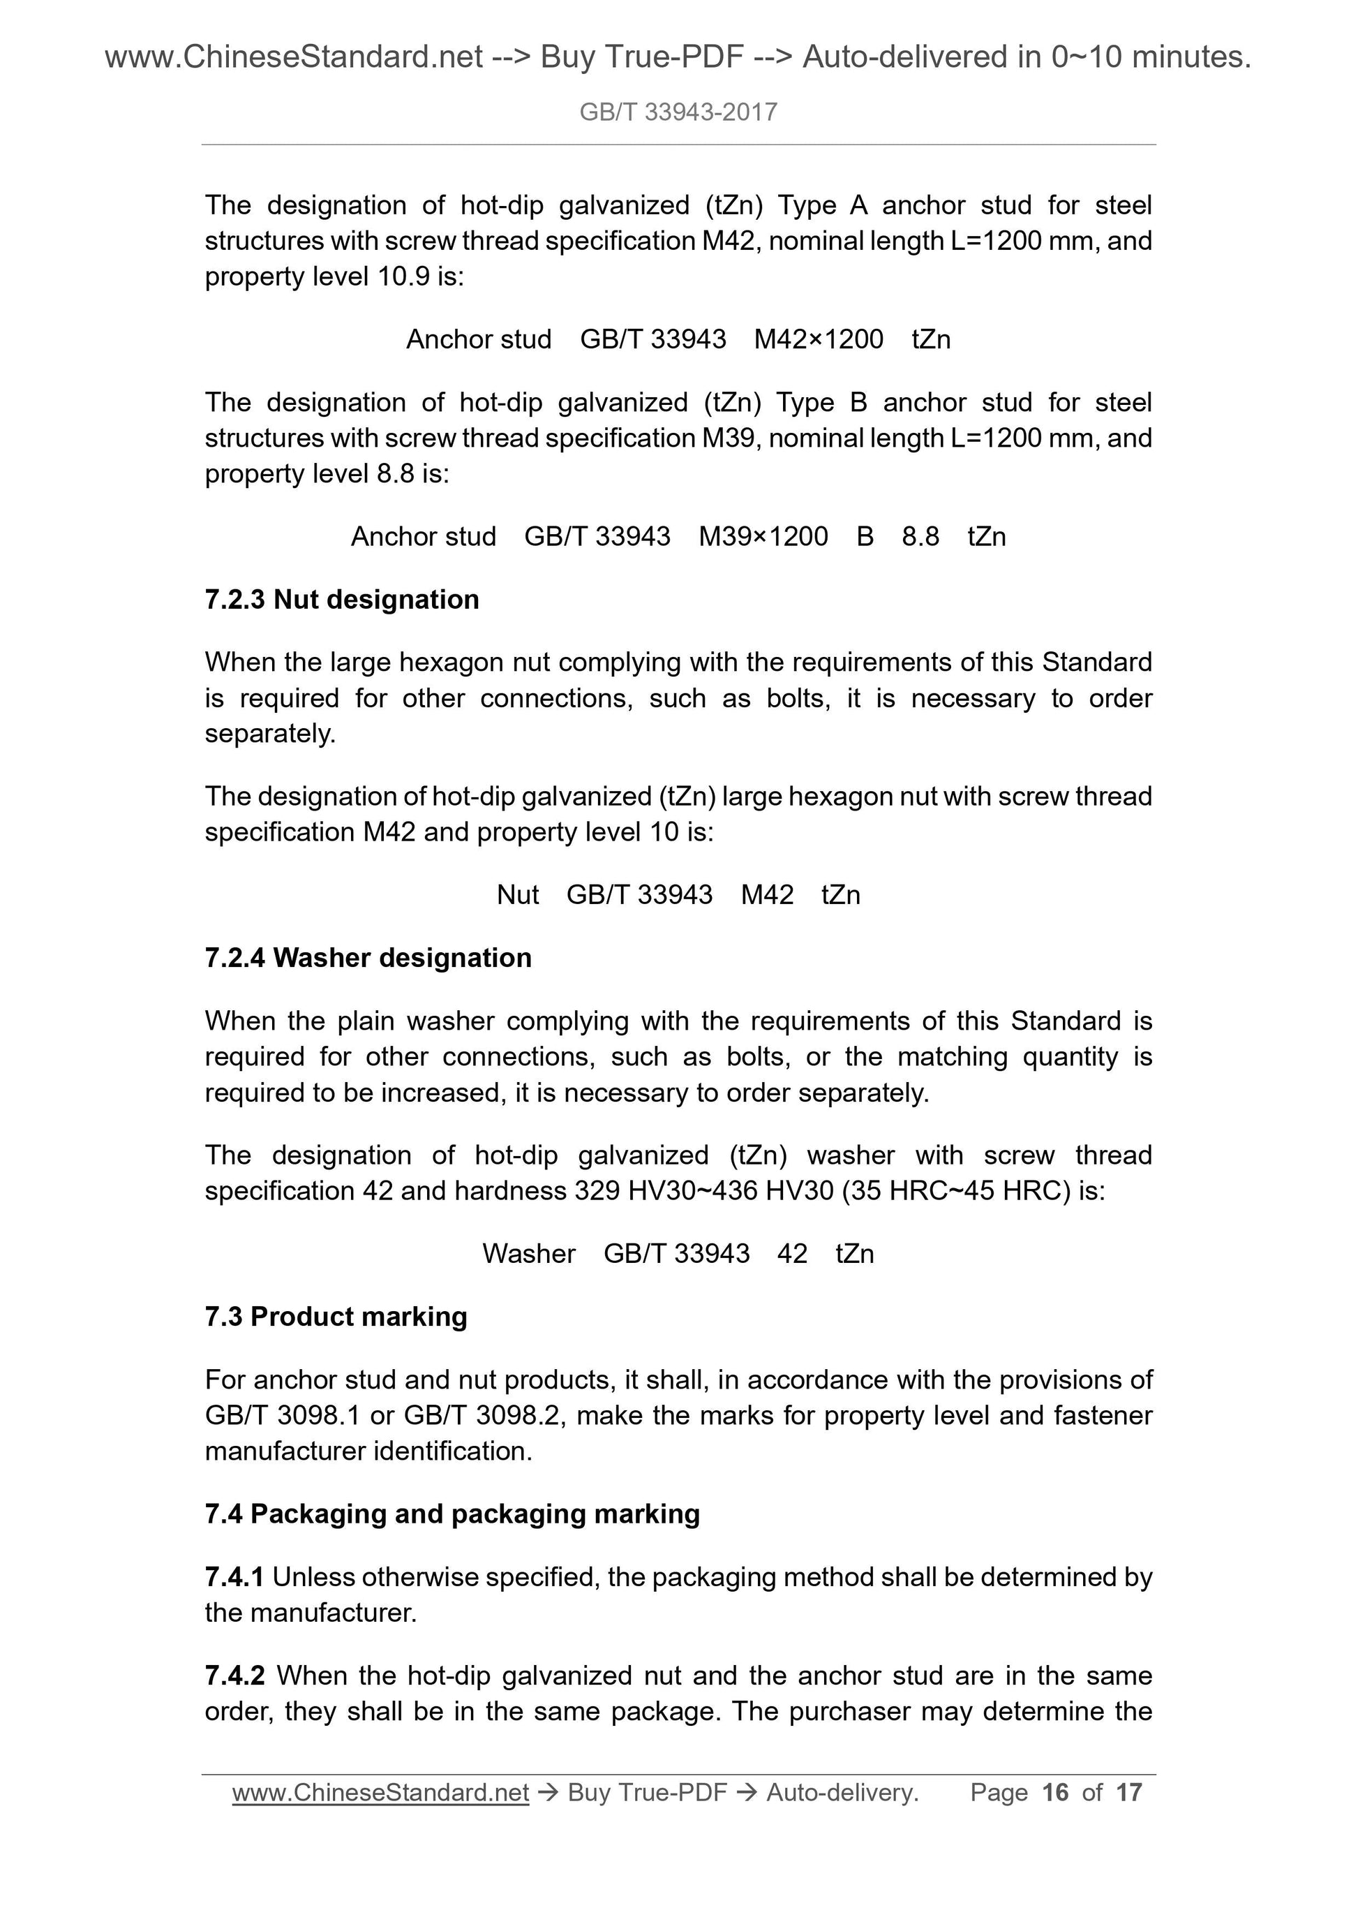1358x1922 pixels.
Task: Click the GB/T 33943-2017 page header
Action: click(678, 112)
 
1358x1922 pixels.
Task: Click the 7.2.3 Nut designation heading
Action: click(341, 600)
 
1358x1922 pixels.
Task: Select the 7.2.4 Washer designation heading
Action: click(368, 958)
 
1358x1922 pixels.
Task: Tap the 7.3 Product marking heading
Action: click(336, 1317)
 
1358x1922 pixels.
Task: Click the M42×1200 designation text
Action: click(819, 339)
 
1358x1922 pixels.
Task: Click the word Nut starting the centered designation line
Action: click(518, 895)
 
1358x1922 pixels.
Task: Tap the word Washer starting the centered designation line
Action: click(529, 1253)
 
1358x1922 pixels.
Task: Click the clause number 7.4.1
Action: click(234, 1577)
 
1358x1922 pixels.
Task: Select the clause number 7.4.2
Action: click(234, 1676)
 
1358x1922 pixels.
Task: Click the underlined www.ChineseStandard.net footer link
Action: click(381, 1792)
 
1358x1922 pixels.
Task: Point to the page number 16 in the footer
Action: click(1055, 1792)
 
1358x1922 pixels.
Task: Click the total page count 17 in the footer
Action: click(1128, 1792)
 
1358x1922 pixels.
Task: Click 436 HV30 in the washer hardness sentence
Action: click(763, 1190)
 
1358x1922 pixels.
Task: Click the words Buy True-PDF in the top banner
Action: click(642, 57)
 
